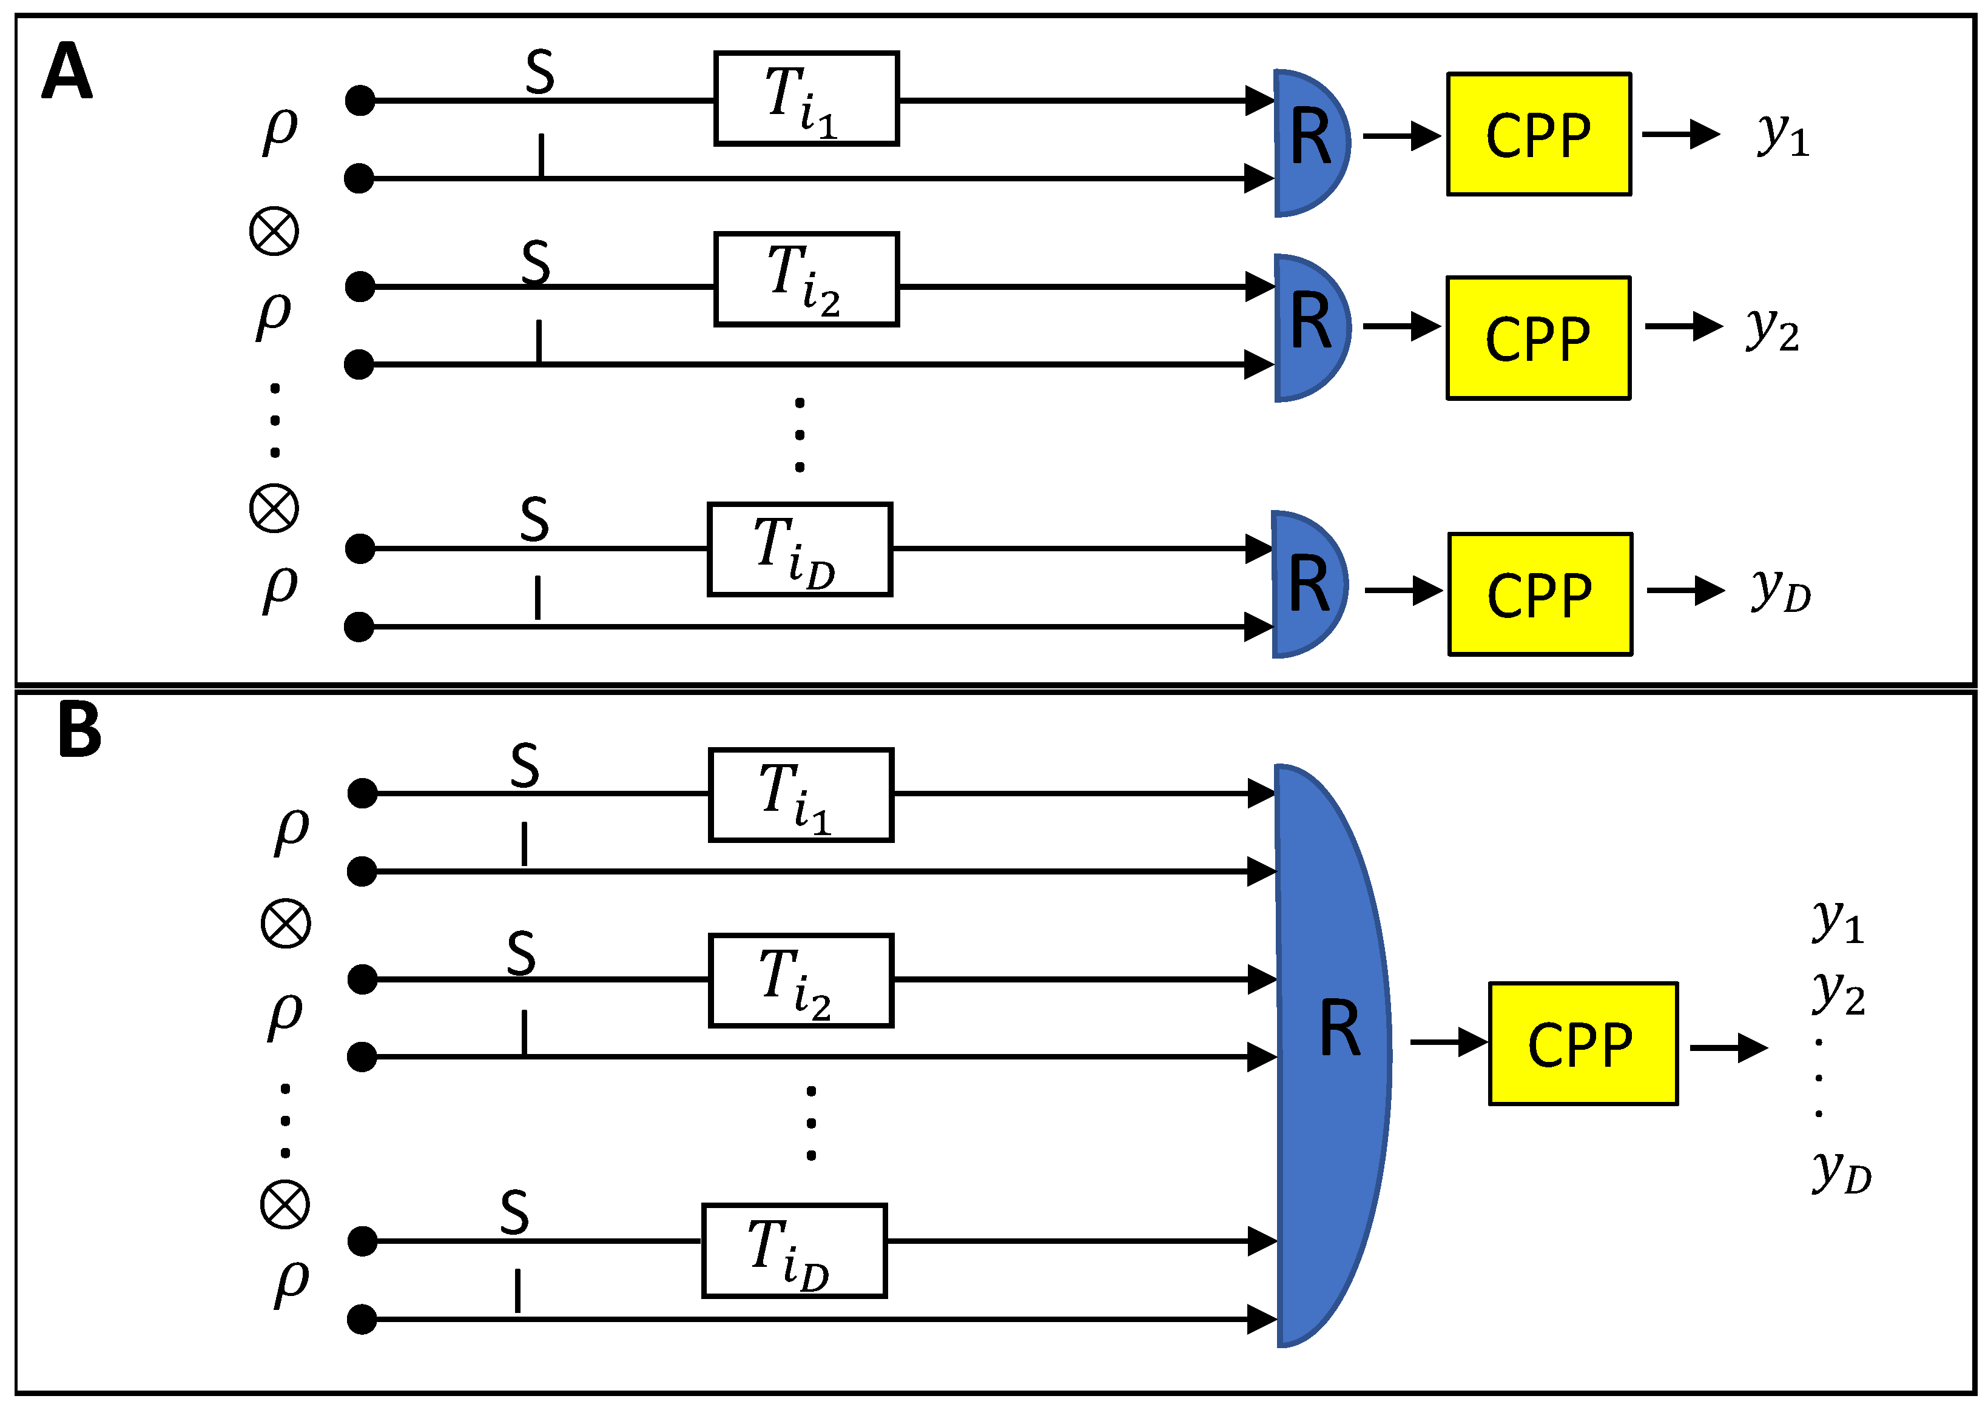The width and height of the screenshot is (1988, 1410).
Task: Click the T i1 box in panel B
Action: point(800,794)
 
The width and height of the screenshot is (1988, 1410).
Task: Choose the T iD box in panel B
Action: point(794,1251)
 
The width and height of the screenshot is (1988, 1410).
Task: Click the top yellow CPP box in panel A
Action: point(1537,135)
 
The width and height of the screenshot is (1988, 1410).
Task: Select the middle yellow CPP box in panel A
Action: point(1537,338)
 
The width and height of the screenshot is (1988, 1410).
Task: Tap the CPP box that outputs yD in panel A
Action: point(1539,594)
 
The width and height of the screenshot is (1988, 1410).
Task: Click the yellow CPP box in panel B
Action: point(1582,1044)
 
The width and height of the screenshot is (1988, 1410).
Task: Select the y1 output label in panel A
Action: point(1782,135)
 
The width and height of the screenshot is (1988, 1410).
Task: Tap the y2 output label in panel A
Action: point(1772,329)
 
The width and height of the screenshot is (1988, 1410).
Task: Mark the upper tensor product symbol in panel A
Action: point(274,231)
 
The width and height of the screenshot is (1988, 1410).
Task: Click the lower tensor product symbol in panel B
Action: point(285,1204)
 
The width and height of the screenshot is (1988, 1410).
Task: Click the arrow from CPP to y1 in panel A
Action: point(1680,135)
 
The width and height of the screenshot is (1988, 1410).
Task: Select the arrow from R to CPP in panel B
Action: point(1449,1042)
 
